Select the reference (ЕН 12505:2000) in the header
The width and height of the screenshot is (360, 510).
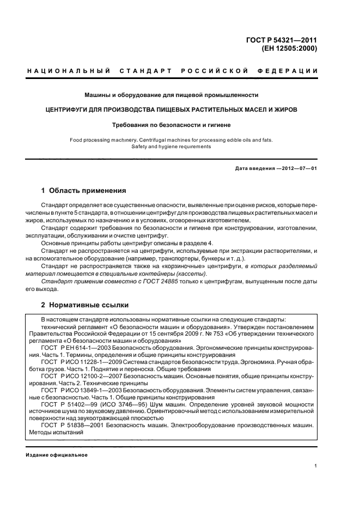289,48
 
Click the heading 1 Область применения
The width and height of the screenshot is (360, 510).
84,191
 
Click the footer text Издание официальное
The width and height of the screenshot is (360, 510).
57,455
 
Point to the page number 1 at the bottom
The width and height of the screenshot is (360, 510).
316,466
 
